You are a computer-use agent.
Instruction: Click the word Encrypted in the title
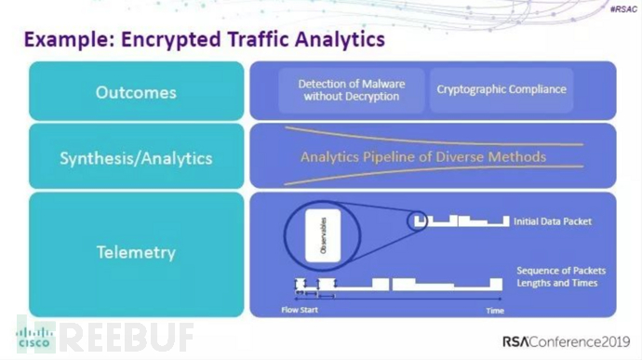point(167,40)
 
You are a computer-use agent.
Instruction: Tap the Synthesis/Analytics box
point(136,157)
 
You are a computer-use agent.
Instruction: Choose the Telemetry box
point(136,252)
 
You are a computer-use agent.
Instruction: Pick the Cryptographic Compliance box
point(501,90)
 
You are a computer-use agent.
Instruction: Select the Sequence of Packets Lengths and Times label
point(556,276)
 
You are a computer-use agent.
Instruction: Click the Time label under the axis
point(495,310)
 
